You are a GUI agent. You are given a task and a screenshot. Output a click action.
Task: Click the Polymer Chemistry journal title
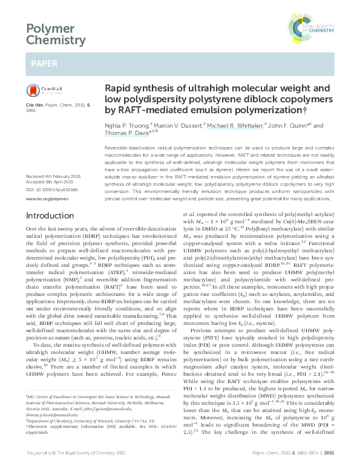click(x=53, y=34)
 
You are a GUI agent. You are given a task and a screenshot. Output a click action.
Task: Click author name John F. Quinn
click(x=294, y=126)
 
